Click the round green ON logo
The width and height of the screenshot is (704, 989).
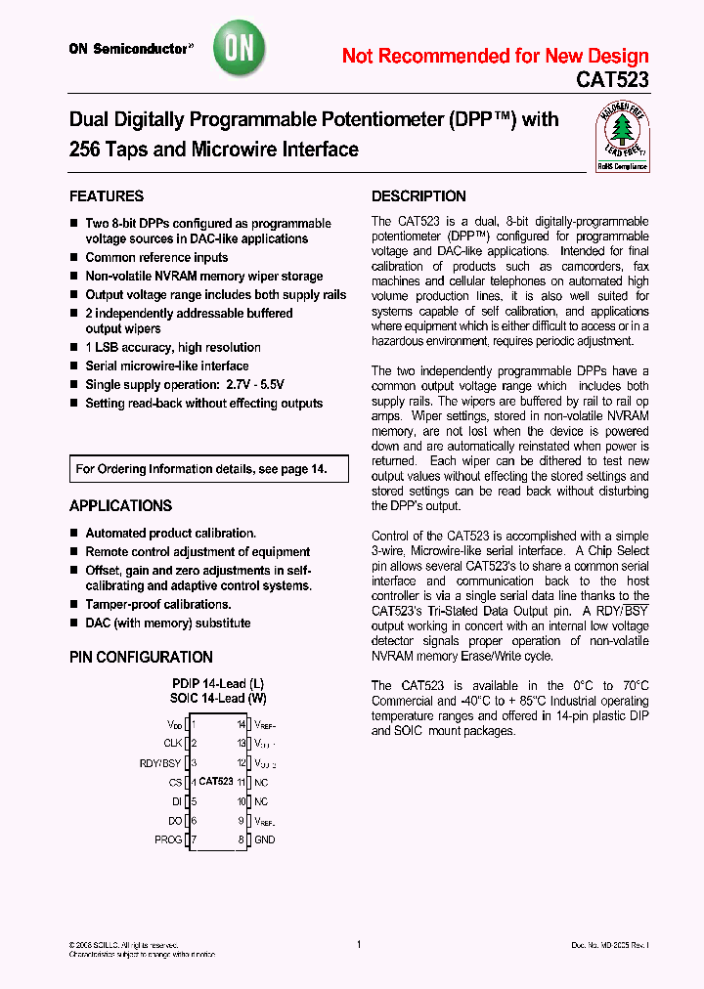tap(240, 47)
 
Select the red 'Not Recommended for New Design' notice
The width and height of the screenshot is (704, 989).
tap(495, 56)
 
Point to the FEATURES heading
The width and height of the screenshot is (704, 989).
tap(107, 195)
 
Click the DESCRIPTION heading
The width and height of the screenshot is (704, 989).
tap(418, 195)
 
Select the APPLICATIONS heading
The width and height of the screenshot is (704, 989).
tap(120, 505)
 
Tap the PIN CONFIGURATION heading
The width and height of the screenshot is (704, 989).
tap(141, 657)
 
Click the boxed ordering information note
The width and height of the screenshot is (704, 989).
tap(208, 469)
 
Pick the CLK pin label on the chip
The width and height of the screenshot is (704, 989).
tap(172, 743)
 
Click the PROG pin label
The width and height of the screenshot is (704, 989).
tap(168, 839)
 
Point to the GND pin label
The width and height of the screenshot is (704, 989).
tap(265, 839)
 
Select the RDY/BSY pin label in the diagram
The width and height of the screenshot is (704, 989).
tap(160, 762)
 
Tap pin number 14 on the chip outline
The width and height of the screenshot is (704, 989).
tap(241, 724)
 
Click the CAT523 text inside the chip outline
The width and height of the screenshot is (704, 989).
tap(215, 782)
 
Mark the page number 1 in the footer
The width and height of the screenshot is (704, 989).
tap(359, 944)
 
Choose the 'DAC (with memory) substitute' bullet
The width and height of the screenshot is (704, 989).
tap(167, 623)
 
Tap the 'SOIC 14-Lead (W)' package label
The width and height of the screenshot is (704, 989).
tap(218, 698)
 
